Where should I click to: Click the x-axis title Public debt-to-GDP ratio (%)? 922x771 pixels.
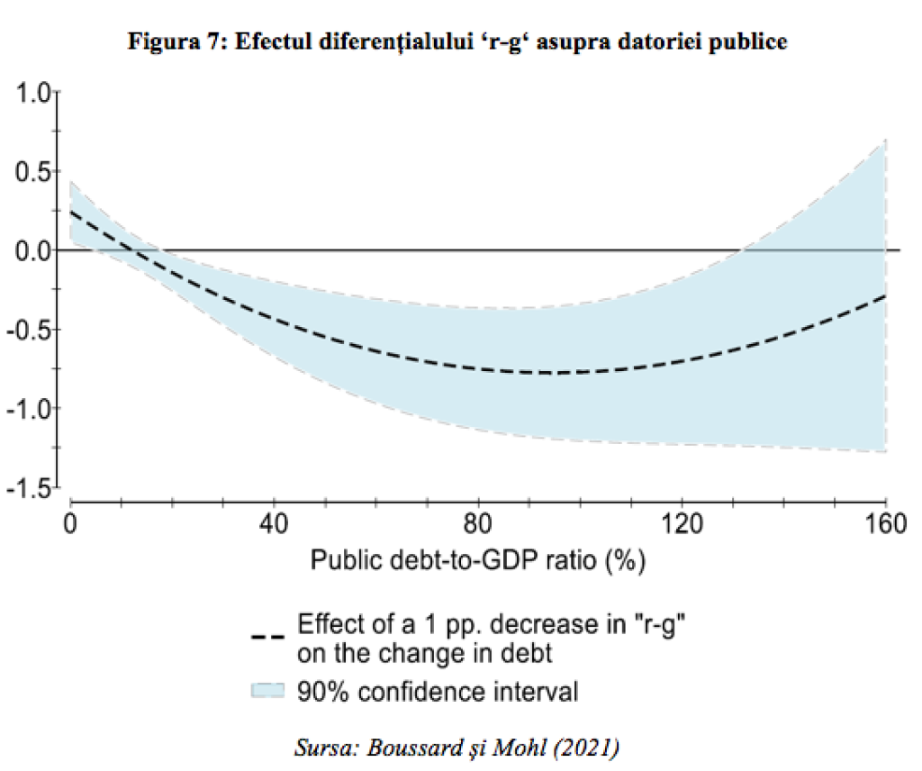pos(479,561)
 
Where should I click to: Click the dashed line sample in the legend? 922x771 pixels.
pos(268,637)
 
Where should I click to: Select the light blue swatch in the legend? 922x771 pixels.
pos(268,692)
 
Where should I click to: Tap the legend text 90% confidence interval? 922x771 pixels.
pos(438,692)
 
